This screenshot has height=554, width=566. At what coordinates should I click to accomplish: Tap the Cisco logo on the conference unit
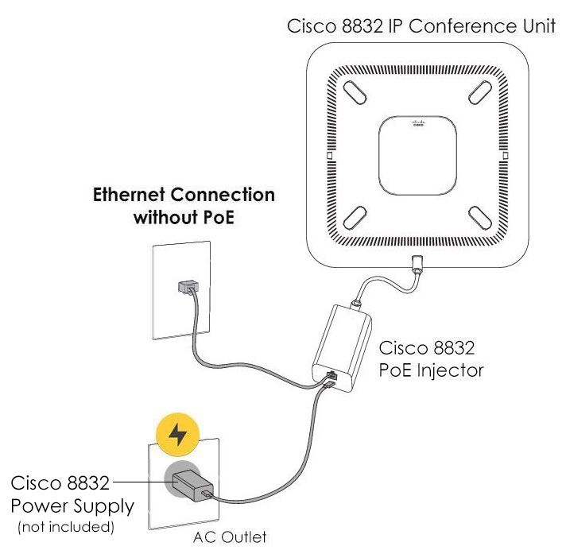click(x=417, y=124)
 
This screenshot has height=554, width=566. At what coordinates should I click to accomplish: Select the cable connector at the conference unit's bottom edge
click(x=417, y=264)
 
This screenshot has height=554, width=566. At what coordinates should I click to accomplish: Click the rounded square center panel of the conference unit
click(x=417, y=154)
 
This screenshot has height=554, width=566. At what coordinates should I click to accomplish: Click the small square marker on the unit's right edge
click(x=505, y=155)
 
